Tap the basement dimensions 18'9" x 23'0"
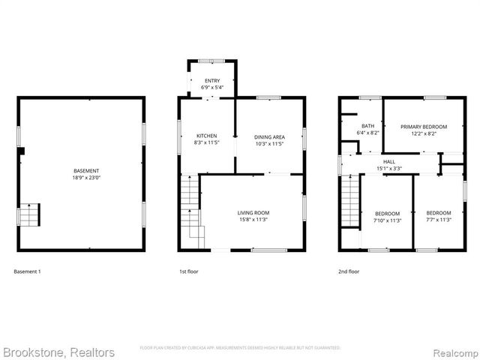click(80, 178)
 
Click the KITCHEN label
click(206, 136)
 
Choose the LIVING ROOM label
click(253, 213)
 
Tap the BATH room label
click(367, 126)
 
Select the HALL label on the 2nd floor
click(389, 161)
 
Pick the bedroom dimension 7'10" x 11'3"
click(387, 220)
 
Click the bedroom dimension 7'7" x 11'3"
click(439, 220)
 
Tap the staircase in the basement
click(28, 215)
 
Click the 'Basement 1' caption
click(28, 271)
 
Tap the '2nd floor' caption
click(349, 271)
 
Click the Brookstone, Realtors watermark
click(58, 352)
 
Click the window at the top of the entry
click(211, 59)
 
